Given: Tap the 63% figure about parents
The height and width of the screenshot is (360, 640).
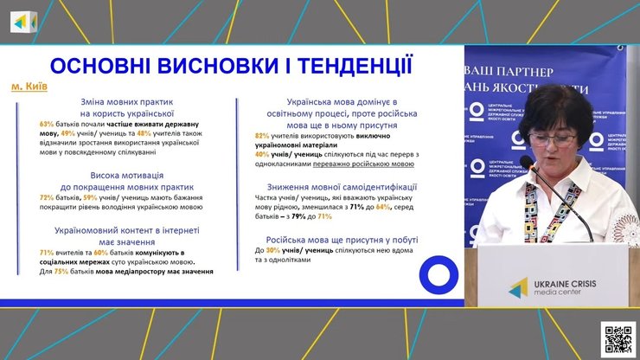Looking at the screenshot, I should point(47,125).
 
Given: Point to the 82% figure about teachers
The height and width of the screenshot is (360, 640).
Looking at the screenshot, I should point(262,136).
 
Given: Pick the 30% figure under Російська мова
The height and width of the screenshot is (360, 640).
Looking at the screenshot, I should point(267,250).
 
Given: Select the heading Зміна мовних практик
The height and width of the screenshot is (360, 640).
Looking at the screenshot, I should point(127,100).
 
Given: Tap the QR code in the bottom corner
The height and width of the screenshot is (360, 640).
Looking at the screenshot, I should point(618,338).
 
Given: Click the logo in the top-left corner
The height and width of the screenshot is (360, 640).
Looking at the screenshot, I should point(23,22).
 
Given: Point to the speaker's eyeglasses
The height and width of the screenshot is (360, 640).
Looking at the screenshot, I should point(552,138).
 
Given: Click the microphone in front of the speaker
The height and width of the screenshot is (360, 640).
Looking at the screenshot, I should point(528,162).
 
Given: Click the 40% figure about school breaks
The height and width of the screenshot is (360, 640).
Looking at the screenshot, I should point(262,154).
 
